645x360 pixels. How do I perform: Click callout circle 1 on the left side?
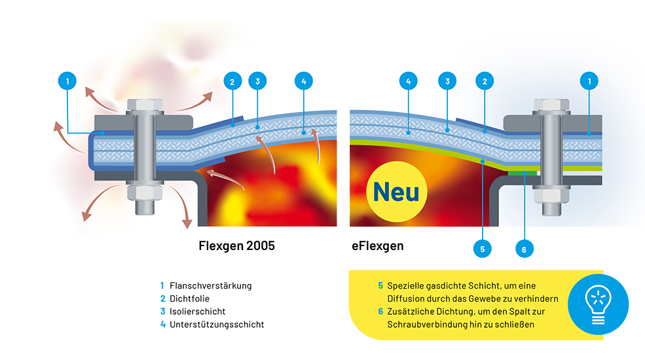[x=67, y=81]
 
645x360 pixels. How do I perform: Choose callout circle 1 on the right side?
[x=590, y=81]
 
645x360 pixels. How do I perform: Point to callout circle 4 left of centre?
[x=303, y=81]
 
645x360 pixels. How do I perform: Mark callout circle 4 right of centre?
[x=408, y=81]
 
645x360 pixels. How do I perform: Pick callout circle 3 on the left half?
[x=258, y=81]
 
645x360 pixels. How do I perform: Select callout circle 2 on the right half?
[x=485, y=81]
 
